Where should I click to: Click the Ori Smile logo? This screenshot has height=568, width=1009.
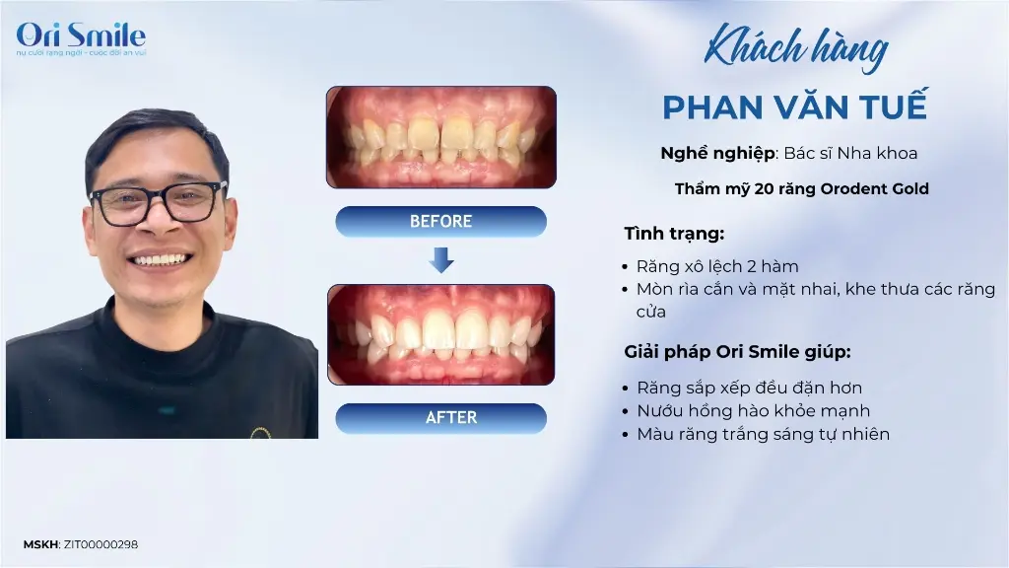coord(81,38)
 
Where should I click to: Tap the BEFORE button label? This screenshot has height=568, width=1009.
coord(440,222)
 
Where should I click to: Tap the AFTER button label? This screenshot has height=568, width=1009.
coord(451,417)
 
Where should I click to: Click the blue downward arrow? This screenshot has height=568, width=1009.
coord(441,259)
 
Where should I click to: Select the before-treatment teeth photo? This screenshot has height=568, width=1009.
coord(441,137)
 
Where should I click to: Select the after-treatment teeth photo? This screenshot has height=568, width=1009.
coord(441,335)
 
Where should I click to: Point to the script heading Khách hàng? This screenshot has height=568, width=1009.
coord(796,47)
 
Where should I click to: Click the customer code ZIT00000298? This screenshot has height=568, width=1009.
coord(101,544)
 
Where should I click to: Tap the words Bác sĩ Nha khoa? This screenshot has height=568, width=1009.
coord(850,153)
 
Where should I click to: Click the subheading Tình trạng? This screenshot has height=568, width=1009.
coord(674,234)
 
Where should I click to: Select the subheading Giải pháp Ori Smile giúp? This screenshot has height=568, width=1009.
coord(737,352)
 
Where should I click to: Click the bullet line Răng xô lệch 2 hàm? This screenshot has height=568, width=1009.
coord(717,266)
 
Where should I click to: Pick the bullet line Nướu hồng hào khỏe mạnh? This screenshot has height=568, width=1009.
coord(753,411)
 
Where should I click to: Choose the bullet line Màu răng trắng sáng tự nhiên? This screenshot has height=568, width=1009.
coord(764,434)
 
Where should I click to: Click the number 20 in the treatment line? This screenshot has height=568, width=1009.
coord(764,188)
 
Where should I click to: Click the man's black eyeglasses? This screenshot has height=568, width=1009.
coord(159,202)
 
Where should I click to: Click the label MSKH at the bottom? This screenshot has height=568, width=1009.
coord(41,544)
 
